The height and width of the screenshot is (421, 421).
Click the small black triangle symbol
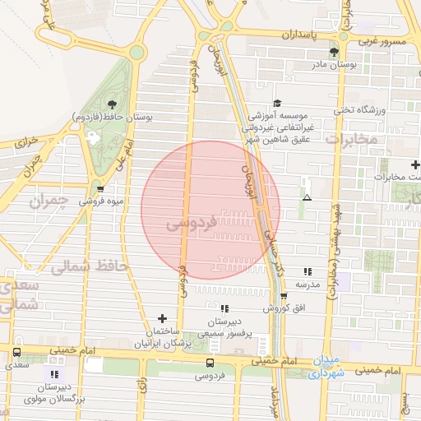(x=307, y=197)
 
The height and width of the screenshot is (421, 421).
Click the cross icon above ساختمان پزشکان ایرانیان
(x=162, y=317)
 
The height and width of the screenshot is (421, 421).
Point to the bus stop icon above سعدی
(x=16, y=352)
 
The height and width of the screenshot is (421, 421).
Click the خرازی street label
(x=26, y=141)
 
